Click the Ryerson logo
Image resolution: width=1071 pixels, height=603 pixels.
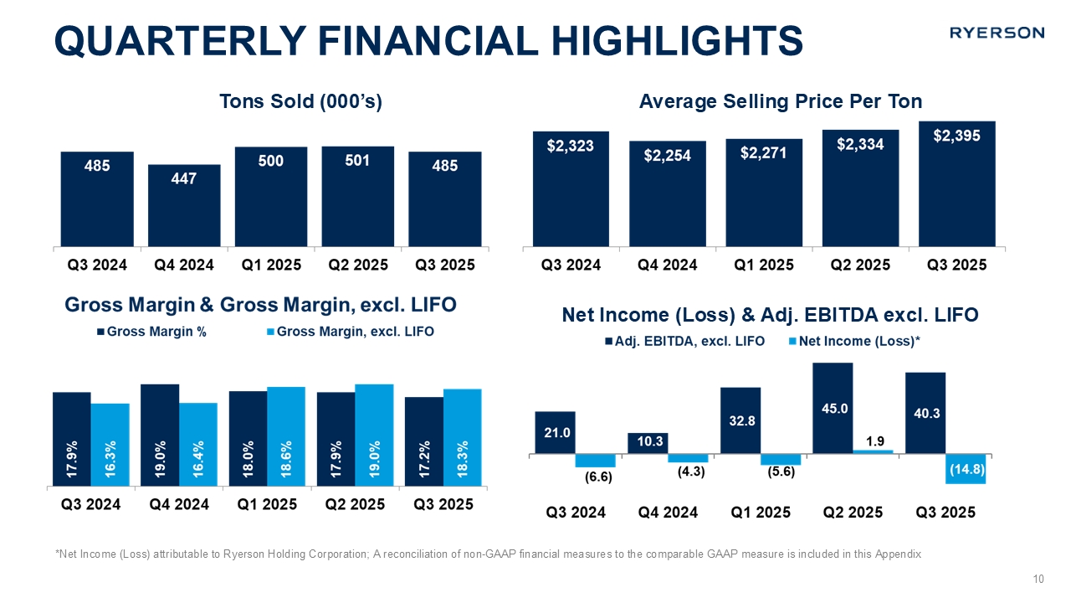click(997, 33)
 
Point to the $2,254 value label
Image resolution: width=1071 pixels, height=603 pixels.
click(667, 156)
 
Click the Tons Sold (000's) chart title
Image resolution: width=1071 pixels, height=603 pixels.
click(300, 102)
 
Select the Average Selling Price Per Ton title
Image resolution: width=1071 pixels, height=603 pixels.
click(780, 102)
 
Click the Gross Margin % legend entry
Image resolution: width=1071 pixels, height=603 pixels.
click(152, 332)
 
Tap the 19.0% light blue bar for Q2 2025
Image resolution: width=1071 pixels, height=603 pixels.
click(374, 435)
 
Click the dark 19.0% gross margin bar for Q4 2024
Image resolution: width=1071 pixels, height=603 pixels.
click(160, 435)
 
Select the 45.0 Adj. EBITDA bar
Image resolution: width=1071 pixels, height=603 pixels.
click(832, 409)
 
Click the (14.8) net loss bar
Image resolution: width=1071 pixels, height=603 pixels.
click(966, 468)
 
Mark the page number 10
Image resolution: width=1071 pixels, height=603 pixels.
click(1038, 580)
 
